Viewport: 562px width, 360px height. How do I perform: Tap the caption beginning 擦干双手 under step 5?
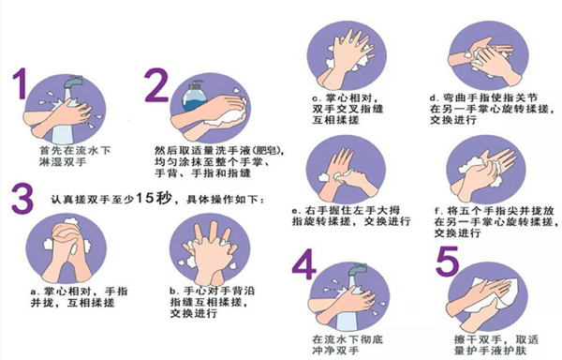(491, 343)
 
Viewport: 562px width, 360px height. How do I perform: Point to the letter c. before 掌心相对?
(317, 97)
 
